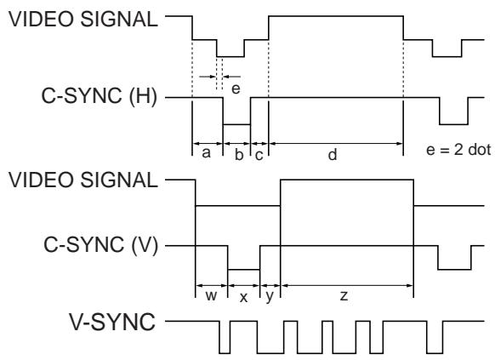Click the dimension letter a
pyautogui.click(x=206, y=153)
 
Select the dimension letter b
pyautogui.click(x=240, y=154)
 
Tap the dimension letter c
pyautogui.click(x=259, y=156)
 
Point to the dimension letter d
pyautogui.click(x=333, y=154)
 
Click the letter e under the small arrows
pyautogui.click(x=236, y=89)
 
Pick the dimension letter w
pyautogui.click(x=211, y=296)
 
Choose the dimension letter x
pyautogui.click(x=243, y=298)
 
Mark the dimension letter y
pyautogui.click(x=270, y=297)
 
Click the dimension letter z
pyautogui.click(x=344, y=296)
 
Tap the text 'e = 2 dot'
pyautogui.click(x=458, y=150)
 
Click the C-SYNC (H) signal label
pyautogui.click(x=100, y=96)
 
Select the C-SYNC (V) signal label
pyautogui.click(x=100, y=245)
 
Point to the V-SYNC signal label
pyautogui.click(x=112, y=322)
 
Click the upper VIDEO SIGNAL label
pyautogui.click(x=82, y=19)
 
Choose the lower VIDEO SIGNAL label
pyautogui.click(x=82, y=180)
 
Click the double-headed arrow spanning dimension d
pyautogui.click(x=336, y=144)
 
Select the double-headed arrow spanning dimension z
pyautogui.click(x=347, y=285)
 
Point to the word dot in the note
pyautogui.click(x=480, y=150)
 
